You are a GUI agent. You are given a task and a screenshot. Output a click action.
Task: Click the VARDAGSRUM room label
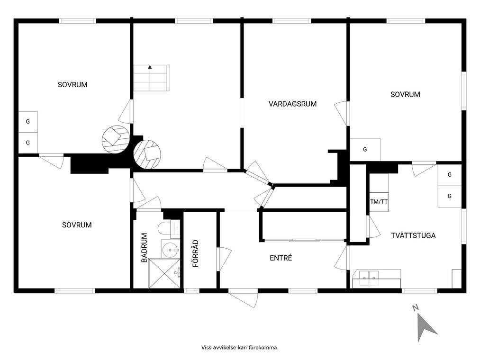click(292, 104)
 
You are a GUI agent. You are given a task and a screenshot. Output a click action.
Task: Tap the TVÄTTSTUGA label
click(413, 235)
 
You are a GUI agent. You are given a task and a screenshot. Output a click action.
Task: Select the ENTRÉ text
click(281, 258)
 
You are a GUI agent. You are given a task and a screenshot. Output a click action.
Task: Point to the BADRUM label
click(144, 248)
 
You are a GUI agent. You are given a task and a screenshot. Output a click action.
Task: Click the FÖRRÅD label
click(195, 253)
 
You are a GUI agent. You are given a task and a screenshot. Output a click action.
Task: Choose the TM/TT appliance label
click(379, 202)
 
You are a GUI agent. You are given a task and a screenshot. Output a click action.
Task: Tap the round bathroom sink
click(171, 250)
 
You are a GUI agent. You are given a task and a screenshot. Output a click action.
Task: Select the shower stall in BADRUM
click(164, 273)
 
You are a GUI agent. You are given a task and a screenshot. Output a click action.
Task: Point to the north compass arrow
click(426, 327)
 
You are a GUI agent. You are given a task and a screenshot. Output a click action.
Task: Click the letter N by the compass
click(416, 307)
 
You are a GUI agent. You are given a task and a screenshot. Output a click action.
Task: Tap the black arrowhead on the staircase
click(150, 67)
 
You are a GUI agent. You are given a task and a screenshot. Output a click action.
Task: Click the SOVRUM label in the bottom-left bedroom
click(77, 225)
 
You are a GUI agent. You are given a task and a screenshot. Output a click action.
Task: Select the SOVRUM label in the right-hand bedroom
click(405, 94)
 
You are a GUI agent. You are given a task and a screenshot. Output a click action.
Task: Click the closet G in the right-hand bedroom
click(364, 149)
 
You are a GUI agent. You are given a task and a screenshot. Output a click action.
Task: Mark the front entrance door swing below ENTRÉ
click(243, 298)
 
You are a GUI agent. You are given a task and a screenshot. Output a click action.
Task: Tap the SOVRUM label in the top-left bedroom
click(72, 84)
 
